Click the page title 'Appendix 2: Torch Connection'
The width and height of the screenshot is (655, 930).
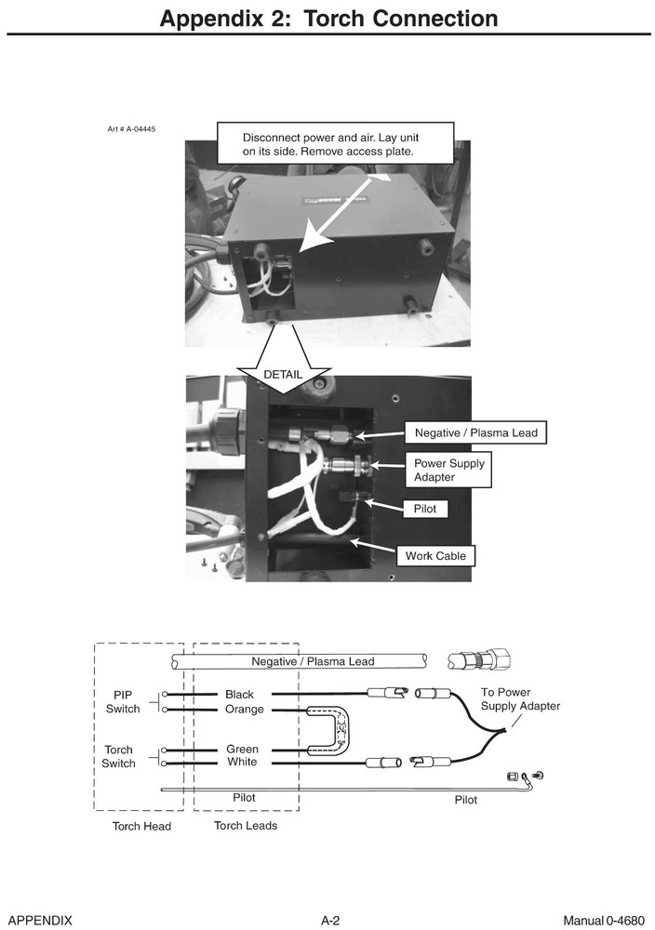tap(328, 19)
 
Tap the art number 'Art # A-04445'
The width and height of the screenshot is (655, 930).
tap(132, 128)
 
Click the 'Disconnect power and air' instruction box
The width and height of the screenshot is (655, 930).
tap(335, 142)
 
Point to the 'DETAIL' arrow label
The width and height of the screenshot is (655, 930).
tap(283, 374)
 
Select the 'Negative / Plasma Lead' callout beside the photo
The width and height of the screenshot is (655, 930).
tap(475, 432)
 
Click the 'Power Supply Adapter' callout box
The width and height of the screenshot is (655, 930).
tap(448, 471)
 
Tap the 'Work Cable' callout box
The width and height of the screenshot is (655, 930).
tap(434, 556)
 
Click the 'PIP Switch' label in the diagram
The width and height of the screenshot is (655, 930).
tap(122, 702)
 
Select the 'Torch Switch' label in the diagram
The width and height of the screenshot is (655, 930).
tap(119, 756)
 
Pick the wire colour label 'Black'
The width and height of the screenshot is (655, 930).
tap(239, 695)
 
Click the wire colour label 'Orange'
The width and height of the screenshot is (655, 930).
tap(244, 710)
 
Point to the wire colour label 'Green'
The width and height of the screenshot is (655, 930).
tap(242, 749)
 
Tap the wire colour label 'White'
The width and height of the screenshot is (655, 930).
tap(242, 763)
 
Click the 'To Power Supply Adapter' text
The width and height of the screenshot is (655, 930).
tap(520, 699)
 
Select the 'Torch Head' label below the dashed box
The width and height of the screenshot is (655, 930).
tap(141, 826)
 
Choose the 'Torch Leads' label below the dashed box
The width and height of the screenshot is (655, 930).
tap(245, 825)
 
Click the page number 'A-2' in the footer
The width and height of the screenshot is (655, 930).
tap(330, 921)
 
